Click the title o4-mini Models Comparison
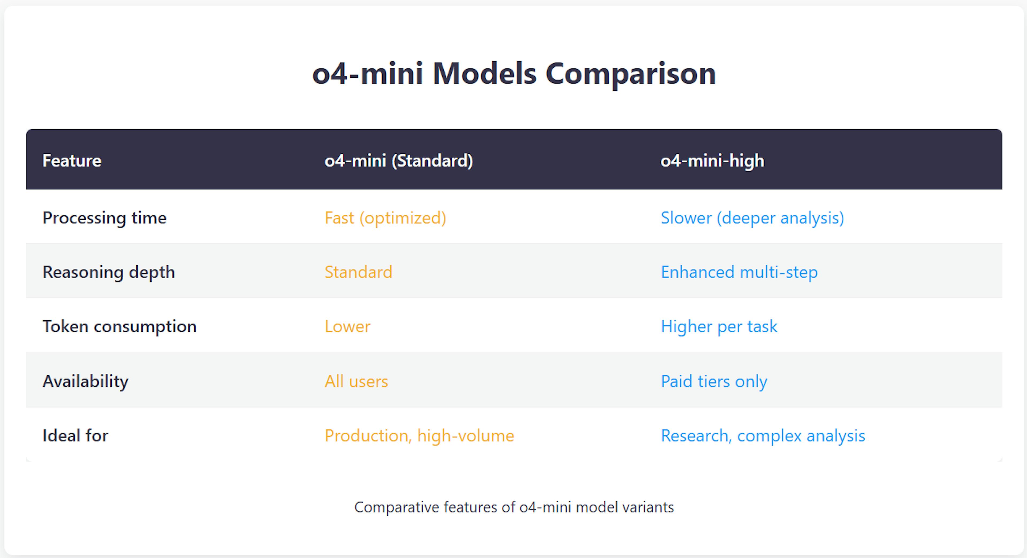tap(514, 74)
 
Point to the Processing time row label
tap(105, 218)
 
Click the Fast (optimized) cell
tap(385, 218)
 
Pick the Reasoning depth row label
tap(108, 272)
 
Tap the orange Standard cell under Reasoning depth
tap(358, 272)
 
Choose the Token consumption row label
tap(119, 326)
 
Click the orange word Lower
tap(347, 326)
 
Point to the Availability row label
tap(85, 381)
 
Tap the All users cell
tap(356, 381)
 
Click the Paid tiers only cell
tap(714, 381)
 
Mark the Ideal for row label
tap(75, 435)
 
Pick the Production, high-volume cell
tap(419, 435)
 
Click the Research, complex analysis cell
tap(763, 435)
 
